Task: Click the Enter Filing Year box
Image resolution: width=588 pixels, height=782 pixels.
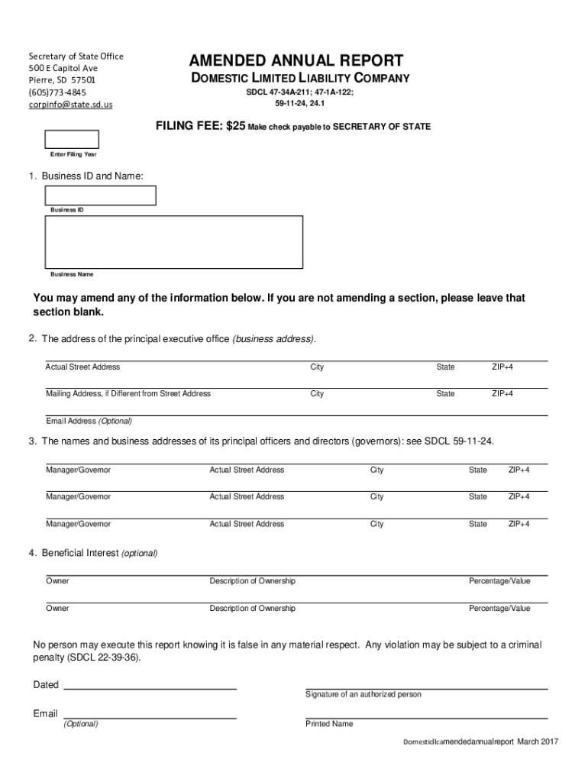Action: point(72,140)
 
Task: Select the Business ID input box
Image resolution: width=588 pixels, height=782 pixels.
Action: point(101,195)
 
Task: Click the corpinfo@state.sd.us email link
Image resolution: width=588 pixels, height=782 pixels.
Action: point(70,104)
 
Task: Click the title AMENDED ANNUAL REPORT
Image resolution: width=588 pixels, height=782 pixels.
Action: point(296,61)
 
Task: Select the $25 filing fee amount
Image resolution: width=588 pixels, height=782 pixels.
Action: point(235,127)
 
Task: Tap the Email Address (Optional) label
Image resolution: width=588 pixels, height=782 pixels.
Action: point(89,421)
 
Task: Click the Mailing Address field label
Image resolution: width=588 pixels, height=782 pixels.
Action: point(128,394)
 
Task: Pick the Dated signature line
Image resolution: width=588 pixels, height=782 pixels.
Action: point(149,688)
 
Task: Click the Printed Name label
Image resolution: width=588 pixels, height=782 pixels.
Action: point(329,724)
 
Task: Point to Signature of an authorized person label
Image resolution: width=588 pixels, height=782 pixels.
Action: point(363,694)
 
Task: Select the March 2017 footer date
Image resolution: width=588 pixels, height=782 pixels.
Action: point(538,742)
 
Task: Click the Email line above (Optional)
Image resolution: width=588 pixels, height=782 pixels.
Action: point(149,717)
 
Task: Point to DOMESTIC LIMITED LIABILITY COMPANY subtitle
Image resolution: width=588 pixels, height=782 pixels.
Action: point(299,78)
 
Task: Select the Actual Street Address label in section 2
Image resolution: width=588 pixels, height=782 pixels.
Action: point(82,367)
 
